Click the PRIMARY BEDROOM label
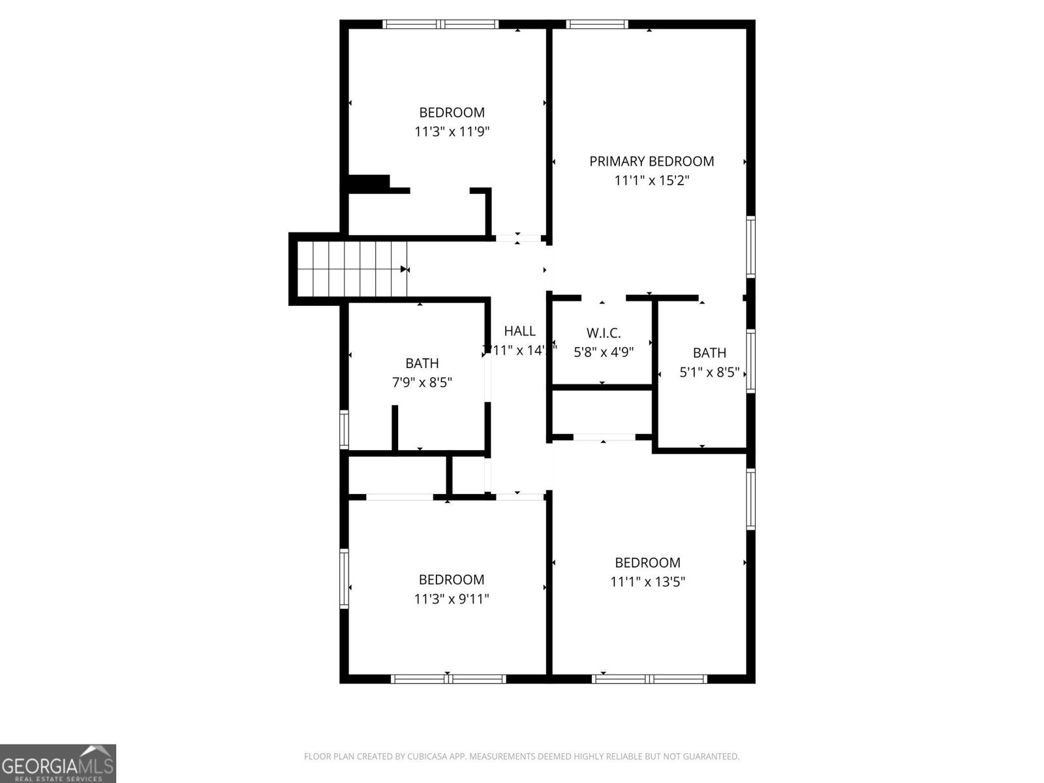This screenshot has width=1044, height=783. click(651, 161)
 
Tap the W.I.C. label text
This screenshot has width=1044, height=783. click(603, 333)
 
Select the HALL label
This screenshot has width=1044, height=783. click(519, 331)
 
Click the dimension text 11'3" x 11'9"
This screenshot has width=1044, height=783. click(452, 132)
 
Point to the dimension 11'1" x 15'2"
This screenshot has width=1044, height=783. click(651, 180)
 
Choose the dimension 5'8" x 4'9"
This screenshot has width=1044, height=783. click(603, 352)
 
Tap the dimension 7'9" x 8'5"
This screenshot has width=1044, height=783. click(422, 382)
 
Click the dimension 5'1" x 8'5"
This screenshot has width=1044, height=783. click(709, 372)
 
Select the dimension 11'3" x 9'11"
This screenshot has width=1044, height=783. click(451, 598)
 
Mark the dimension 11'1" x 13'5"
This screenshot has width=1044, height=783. click(647, 581)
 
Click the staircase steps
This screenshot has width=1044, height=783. click(352, 268)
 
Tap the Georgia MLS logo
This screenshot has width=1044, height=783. click(58, 763)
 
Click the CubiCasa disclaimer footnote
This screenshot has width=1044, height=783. click(521, 757)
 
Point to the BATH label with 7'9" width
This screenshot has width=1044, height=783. click(422, 363)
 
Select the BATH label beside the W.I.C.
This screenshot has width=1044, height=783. click(709, 353)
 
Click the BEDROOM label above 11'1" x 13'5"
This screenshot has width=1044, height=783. click(647, 562)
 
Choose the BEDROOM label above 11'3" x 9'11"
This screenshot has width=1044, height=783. click(451, 579)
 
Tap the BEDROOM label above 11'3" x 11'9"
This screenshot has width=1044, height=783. click(452, 112)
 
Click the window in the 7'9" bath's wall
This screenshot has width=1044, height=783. click(344, 429)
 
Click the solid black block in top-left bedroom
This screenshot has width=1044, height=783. click(369, 183)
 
